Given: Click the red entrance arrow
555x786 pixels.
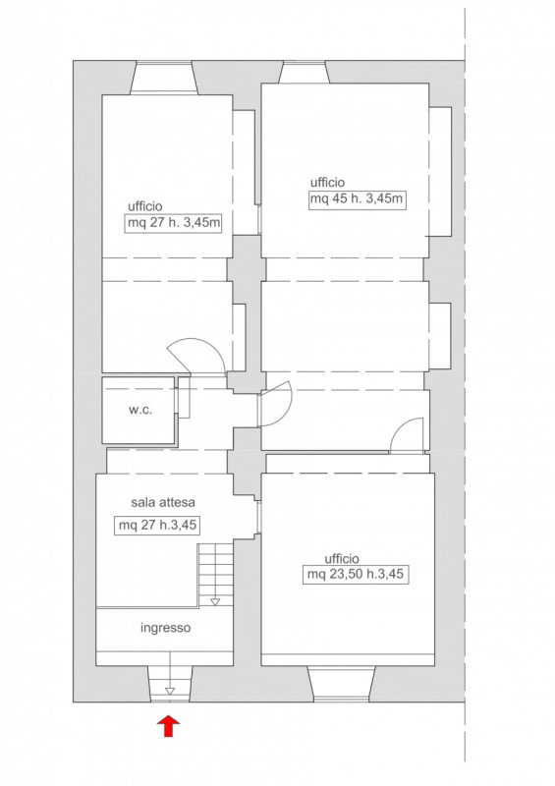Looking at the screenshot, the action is coord(169,726).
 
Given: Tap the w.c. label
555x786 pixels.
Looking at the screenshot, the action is coord(139,410).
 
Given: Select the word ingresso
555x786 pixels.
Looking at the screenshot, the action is coord(165,628).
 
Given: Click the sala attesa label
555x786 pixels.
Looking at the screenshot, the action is coord(163,502).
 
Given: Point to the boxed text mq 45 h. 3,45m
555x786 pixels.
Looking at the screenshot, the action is coord(357,199).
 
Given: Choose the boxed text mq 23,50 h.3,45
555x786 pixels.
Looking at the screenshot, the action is coord(355,574).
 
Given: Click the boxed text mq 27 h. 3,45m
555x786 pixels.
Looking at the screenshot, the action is coord(174,223).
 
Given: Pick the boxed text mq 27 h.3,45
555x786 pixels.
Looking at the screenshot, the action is coord(157,526).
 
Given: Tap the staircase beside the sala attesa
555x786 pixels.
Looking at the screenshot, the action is coord(215,574).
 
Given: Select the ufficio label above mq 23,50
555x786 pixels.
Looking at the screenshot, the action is coord(342,558).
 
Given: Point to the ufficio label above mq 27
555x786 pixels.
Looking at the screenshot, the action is coord(145,206).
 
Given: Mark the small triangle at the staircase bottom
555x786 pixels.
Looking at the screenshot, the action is coord(215,601).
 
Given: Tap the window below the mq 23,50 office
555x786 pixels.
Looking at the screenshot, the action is coord(341,683).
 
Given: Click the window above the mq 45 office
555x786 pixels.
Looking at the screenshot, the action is coord(304,72).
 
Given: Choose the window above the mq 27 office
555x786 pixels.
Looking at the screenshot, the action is coord(163,78).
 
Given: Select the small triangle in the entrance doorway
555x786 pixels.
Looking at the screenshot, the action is coord(170,692).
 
